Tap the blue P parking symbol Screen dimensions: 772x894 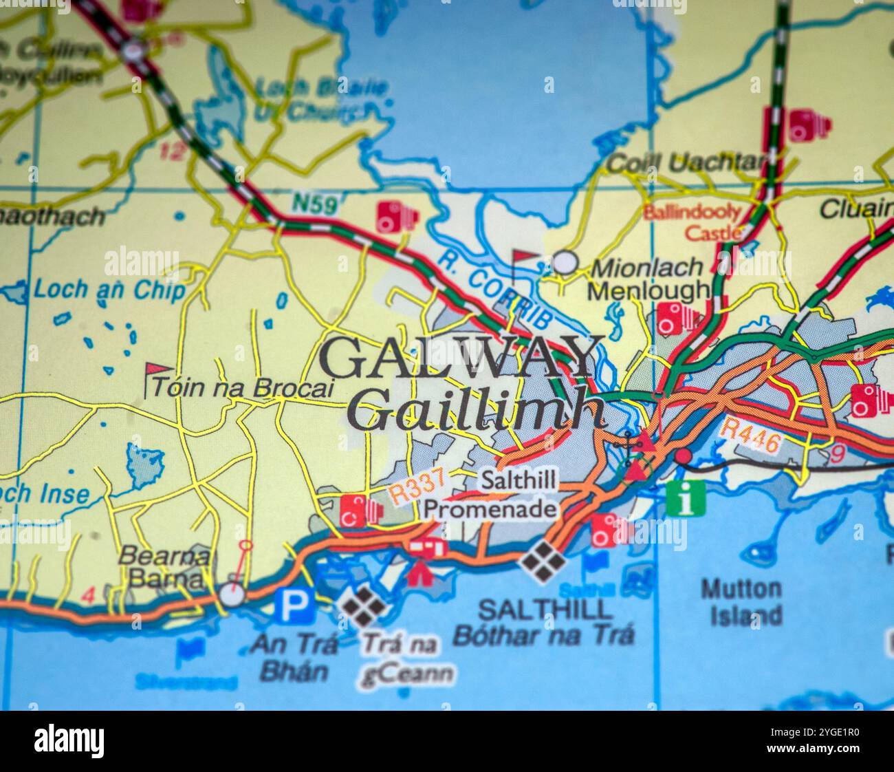pos(295,606)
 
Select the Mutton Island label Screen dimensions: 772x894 pos(741,602)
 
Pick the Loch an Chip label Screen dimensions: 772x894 pos(109,290)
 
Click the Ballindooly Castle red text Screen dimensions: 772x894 pos(693,222)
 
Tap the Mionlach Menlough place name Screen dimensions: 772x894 pos(648,279)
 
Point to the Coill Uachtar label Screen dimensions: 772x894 pos(686,163)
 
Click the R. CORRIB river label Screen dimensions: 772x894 pos(496,289)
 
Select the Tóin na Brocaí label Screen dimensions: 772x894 pos(242,388)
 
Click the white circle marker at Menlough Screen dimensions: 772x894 pos(565,262)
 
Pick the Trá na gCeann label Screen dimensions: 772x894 pos(406,659)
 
